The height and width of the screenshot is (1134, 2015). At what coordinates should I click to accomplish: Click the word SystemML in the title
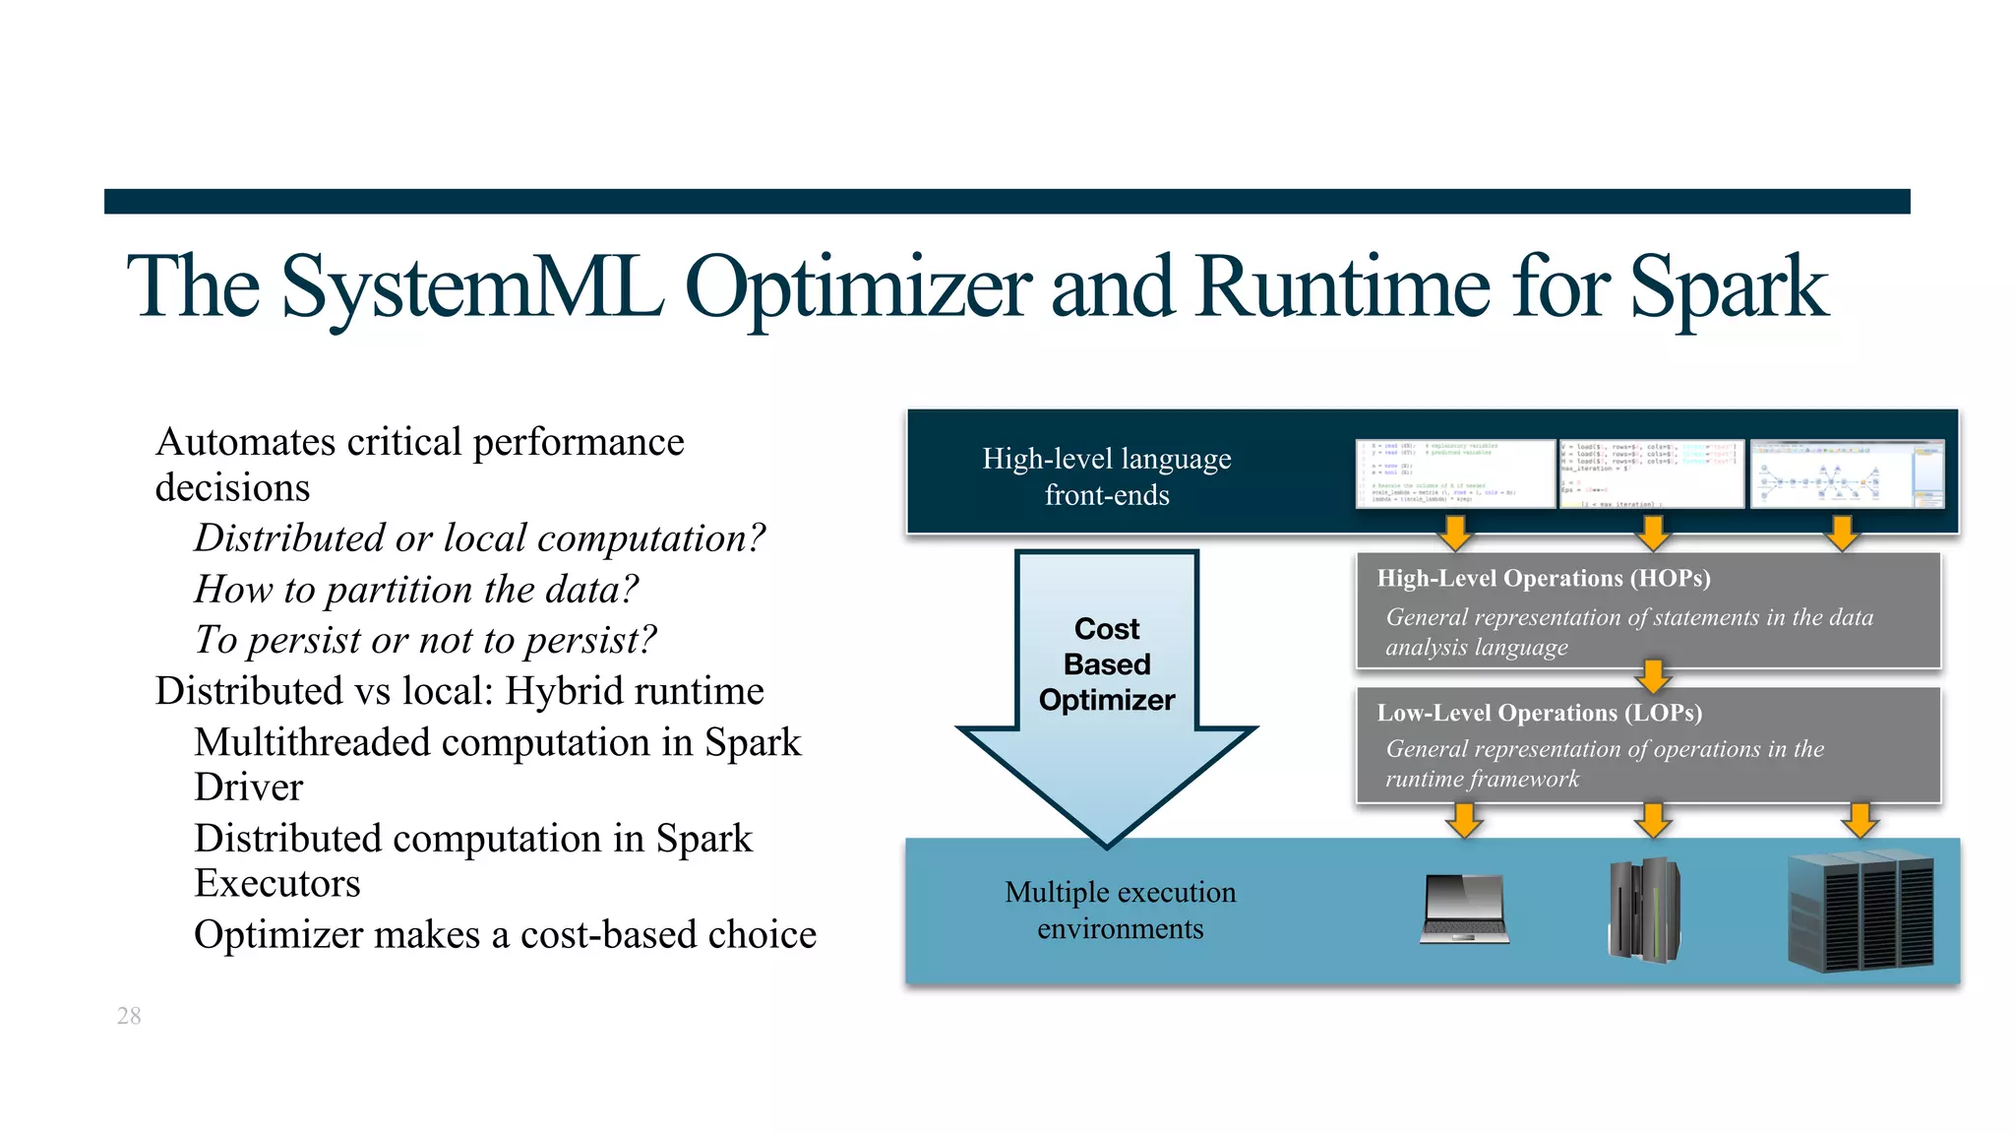[472, 287]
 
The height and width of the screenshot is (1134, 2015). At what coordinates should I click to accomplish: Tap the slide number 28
[129, 1016]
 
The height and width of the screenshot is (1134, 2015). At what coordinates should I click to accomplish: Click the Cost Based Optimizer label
[1107, 664]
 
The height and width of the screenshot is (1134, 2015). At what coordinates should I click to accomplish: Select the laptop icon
[1464, 909]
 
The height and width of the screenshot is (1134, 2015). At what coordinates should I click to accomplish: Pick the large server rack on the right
[1861, 912]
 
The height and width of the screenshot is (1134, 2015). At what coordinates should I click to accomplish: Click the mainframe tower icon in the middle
[1644, 910]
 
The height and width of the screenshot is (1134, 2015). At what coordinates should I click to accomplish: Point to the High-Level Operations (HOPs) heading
[1543, 578]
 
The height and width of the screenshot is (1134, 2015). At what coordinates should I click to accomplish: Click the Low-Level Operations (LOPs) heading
[1539, 713]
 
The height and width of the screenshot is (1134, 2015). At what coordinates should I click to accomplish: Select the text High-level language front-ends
[1107, 476]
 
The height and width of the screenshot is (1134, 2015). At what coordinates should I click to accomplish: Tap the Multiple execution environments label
[1120, 910]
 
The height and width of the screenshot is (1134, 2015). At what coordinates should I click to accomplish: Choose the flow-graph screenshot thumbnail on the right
[1847, 474]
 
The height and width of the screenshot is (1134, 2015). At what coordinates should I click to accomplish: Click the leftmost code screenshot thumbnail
[1455, 474]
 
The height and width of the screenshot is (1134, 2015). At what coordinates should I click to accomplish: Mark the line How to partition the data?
[416, 590]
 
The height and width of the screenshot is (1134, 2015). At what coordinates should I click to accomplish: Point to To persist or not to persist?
[425, 640]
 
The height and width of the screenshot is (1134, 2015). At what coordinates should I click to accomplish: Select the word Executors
[277, 883]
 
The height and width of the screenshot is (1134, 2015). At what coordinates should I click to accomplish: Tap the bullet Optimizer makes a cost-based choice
[505, 934]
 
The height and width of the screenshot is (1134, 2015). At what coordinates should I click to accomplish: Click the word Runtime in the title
[1344, 287]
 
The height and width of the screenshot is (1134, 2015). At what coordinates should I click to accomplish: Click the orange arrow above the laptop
[1465, 819]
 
